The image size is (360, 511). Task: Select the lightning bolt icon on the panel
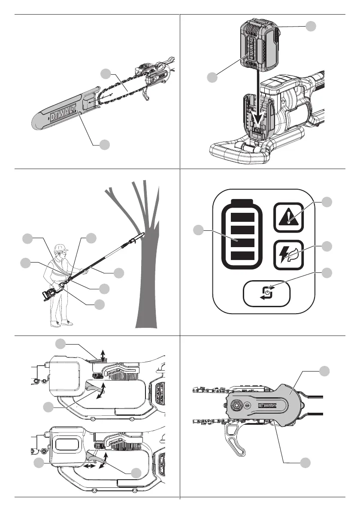pyautogui.click(x=288, y=254)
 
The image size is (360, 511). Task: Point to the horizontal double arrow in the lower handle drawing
pyautogui.click(x=90, y=466)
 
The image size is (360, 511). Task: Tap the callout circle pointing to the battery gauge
pyautogui.click(x=198, y=230)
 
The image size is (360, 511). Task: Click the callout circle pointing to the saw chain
pyautogui.click(x=106, y=74)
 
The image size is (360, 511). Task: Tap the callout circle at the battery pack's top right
pyautogui.click(x=312, y=26)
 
